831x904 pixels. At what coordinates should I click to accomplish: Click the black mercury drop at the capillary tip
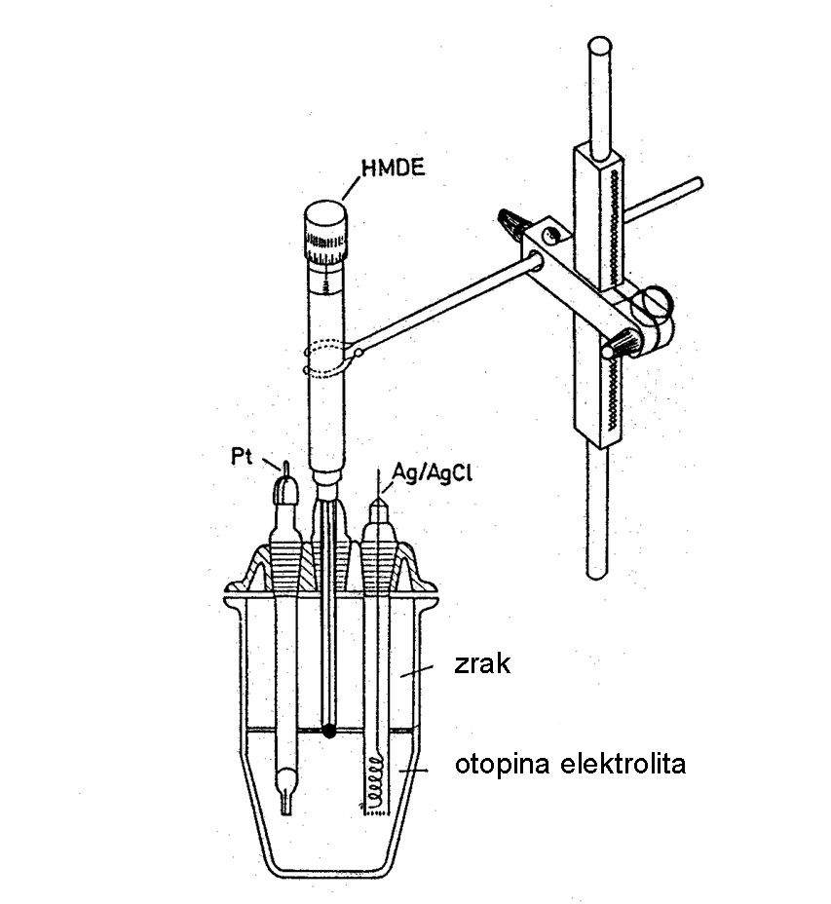(x=330, y=729)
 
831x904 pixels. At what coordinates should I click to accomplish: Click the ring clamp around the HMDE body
(x=329, y=358)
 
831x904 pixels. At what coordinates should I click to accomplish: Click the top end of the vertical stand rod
(x=600, y=49)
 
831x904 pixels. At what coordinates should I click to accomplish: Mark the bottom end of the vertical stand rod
(x=597, y=570)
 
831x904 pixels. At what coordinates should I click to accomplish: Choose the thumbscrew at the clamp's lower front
(x=619, y=343)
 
